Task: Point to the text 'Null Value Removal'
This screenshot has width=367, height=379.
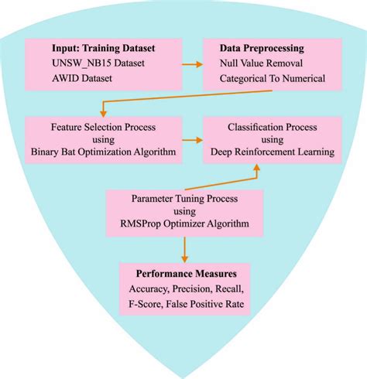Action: (x=260, y=62)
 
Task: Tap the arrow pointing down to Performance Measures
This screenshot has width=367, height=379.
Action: (x=183, y=251)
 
